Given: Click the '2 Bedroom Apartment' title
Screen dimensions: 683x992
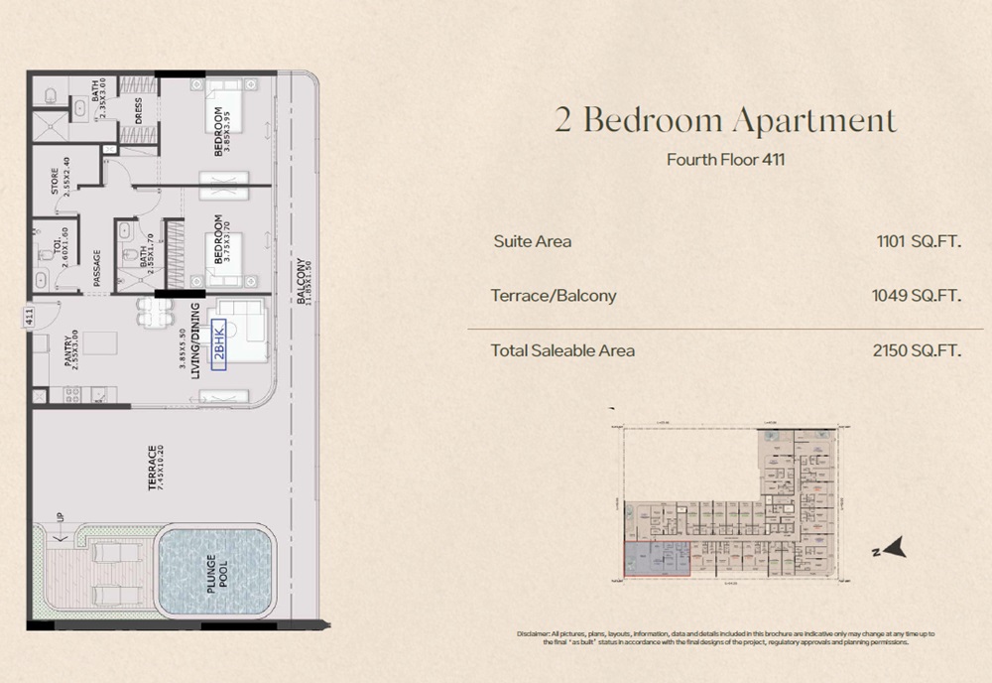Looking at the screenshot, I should click(x=724, y=121).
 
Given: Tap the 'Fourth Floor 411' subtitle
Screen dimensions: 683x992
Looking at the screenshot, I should click(x=724, y=160).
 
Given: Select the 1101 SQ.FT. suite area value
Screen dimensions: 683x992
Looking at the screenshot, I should click(x=919, y=241).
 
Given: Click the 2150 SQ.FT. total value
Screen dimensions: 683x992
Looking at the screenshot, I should click(x=918, y=350).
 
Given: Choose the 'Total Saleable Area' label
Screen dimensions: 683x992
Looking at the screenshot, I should click(x=562, y=350).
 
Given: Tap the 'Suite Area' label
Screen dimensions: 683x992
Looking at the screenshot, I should click(x=532, y=241).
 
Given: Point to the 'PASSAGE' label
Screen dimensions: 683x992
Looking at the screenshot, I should click(x=97, y=266).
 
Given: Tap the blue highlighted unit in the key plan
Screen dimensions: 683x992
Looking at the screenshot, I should click(x=657, y=559).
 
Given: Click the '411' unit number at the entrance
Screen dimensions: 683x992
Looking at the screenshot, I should click(x=30, y=318).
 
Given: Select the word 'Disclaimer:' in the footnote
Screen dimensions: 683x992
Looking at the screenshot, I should click(x=539, y=633).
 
